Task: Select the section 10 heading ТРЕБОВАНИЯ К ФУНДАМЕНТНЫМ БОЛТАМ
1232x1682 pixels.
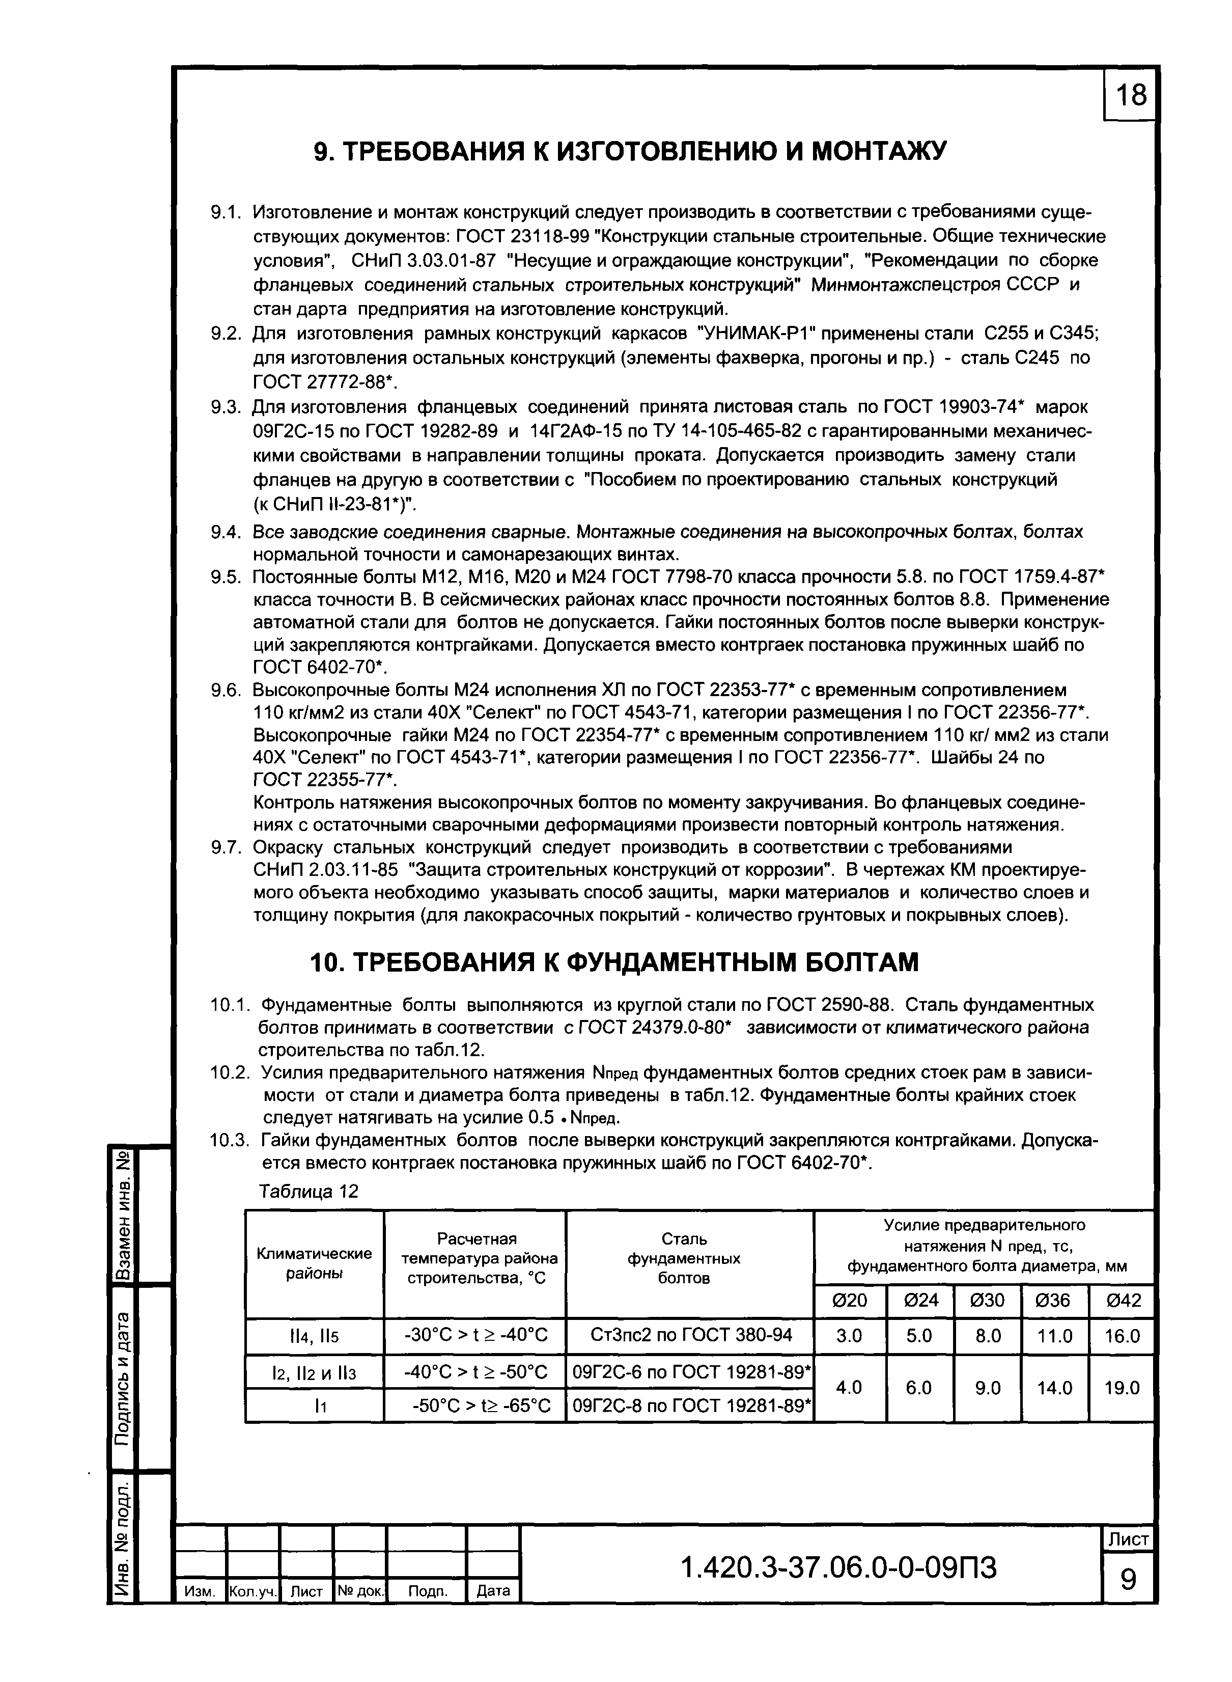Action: click(614, 962)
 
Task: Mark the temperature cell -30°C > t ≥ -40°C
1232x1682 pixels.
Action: click(475, 1335)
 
